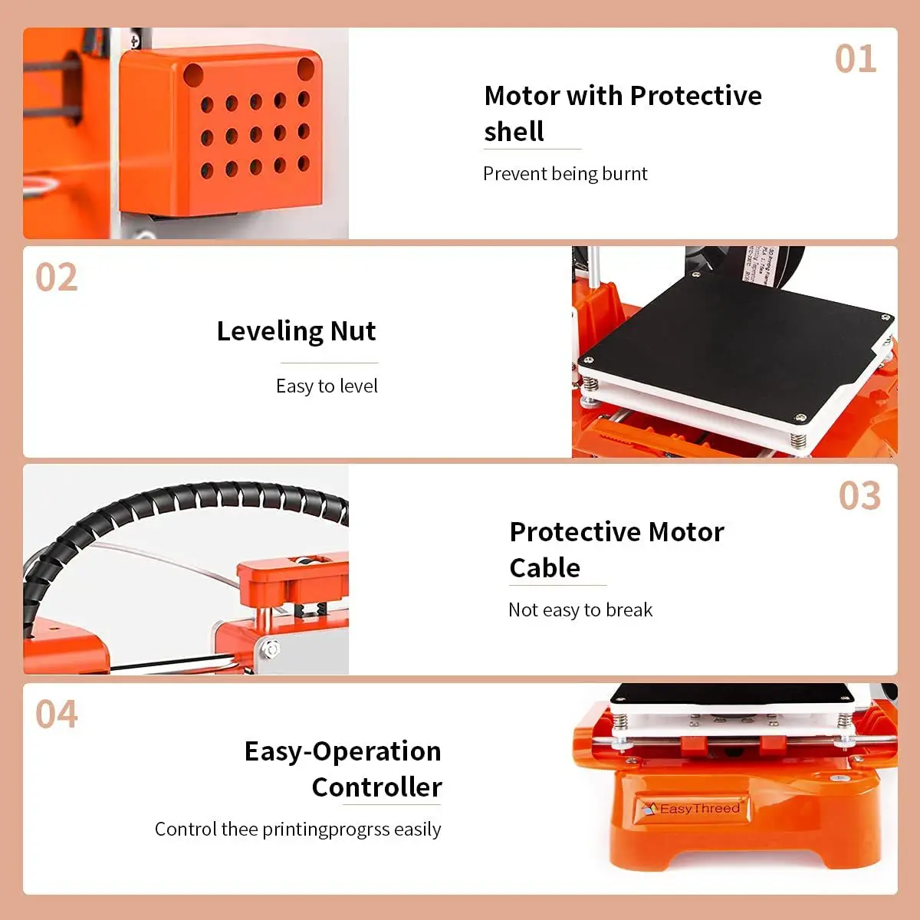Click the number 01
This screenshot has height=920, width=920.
point(856,59)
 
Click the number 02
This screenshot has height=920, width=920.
point(57,278)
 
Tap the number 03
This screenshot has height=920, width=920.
point(859,496)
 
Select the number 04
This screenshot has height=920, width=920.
point(57,715)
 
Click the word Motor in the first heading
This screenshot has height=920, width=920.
point(522,96)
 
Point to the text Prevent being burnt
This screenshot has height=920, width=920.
point(565,174)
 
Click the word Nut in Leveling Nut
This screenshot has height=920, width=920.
point(353,331)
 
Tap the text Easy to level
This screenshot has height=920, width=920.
point(327,386)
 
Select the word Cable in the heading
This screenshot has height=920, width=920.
point(544,568)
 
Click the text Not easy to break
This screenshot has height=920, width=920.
point(580,610)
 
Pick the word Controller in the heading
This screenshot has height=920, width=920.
point(376,787)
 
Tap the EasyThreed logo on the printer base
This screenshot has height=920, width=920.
point(692,809)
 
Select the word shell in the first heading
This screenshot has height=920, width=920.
point(514,132)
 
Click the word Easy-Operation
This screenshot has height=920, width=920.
point(343,751)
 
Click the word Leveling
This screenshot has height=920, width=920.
point(269,331)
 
